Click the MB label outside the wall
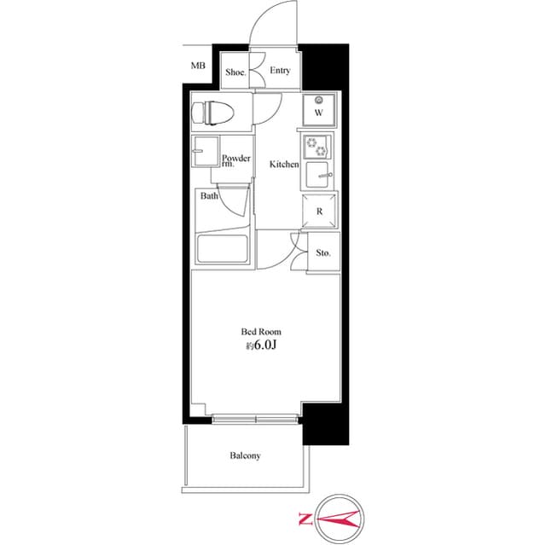pos(198,65)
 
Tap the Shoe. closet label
pos(235,72)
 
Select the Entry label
pos(279,72)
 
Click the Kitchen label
pos(284,164)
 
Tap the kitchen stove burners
pos(317,146)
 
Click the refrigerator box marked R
pos(319,211)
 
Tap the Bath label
pos(208,196)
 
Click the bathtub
pos(223,249)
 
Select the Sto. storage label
pos(323,253)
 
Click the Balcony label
pos(245,455)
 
